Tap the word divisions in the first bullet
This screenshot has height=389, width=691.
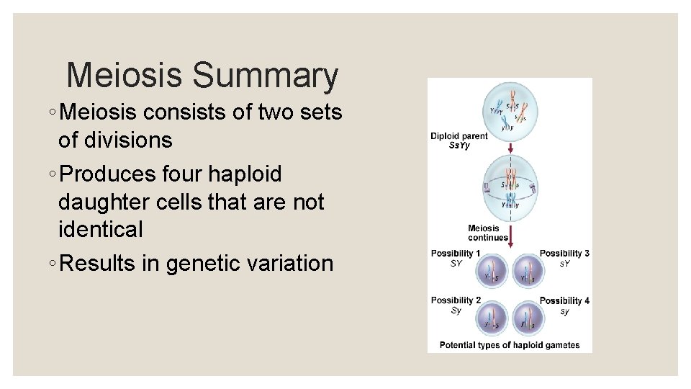click(115, 140)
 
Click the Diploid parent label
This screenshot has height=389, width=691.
click(459, 136)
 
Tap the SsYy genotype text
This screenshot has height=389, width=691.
click(459, 146)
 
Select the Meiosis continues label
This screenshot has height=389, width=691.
click(487, 233)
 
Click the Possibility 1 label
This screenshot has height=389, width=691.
click(455, 254)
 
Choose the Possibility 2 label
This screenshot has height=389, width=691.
click(455, 300)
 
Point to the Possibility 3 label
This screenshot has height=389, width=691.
click(564, 254)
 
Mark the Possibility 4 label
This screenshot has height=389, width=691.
click(564, 300)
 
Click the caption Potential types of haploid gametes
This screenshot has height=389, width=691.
click(510, 345)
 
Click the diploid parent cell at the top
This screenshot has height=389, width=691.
click(510, 110)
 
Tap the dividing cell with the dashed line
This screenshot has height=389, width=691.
click(510, 184)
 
